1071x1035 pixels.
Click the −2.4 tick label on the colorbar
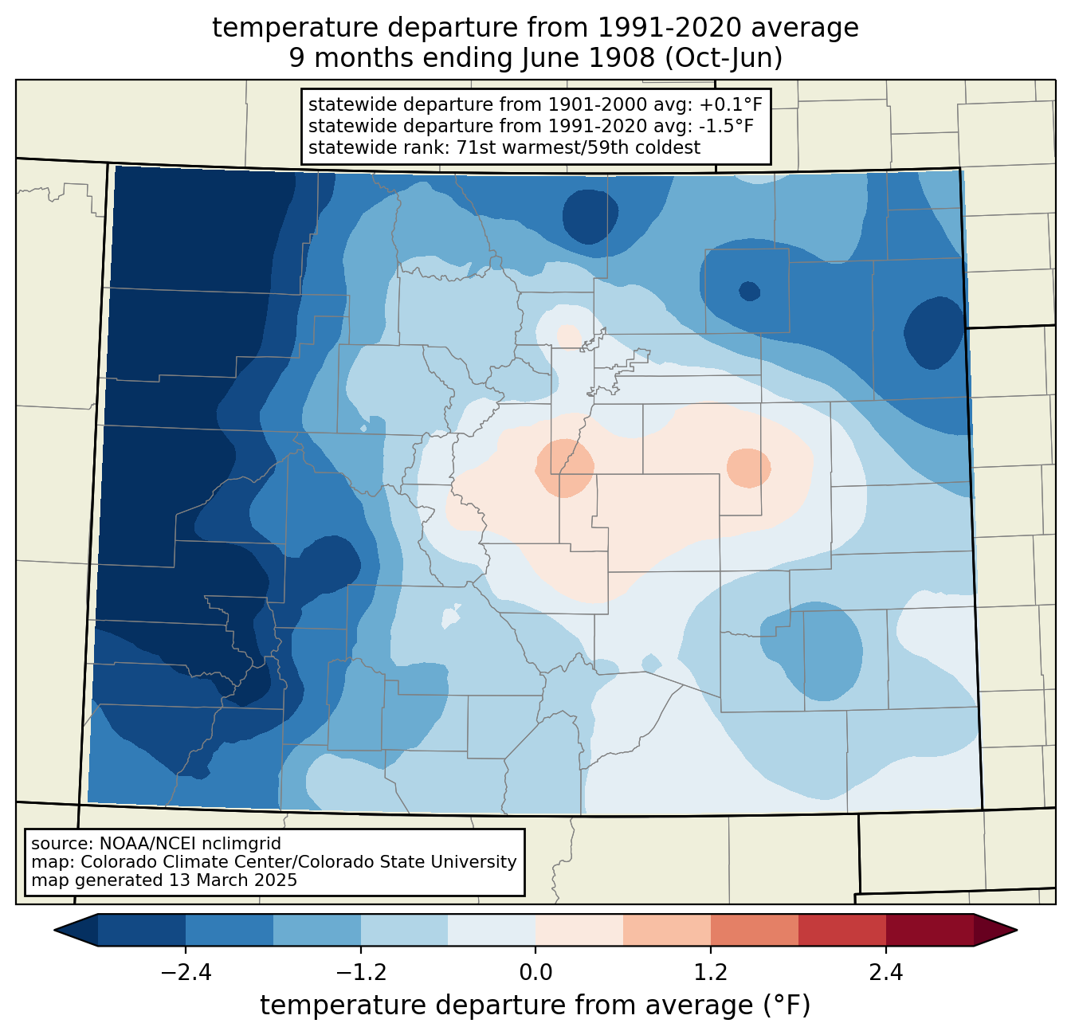(x=186, y=973)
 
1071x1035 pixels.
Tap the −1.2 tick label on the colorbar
(x=360, y=973)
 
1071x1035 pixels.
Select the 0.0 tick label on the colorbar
(x=535, y=973)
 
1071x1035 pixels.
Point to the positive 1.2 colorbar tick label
(x=711, y=973)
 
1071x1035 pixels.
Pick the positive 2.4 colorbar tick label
(x=885, y=973)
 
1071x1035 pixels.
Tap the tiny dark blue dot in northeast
(x=749, y=292)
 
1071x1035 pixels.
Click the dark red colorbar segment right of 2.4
(x=929, y=930)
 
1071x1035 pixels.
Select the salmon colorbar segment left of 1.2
(x=667, y=930)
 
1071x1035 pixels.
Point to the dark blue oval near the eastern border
(x=934, y=332)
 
